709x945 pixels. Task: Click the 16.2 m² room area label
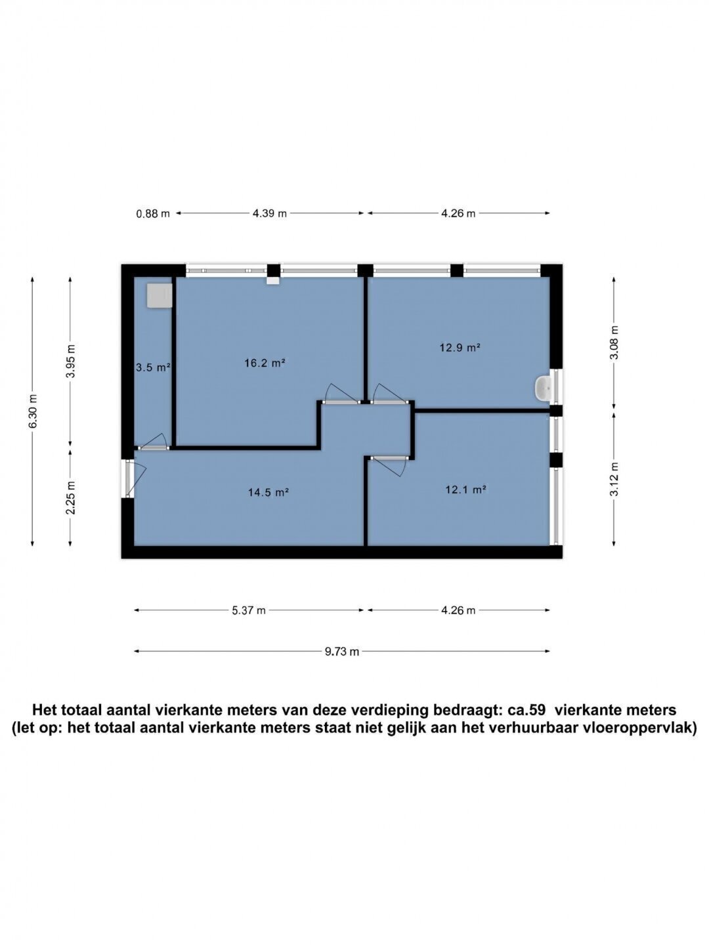(265, 363)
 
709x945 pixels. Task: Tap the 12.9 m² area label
(460, 347)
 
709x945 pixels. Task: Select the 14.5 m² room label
(268, 492)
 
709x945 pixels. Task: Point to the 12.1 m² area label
(466, 490)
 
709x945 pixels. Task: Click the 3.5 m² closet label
(154, 367)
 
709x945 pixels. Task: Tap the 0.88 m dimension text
(153, 213)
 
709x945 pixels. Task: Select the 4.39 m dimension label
(269, 213)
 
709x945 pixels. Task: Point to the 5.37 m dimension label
(249, 610)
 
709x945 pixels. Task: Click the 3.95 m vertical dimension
(72, 361)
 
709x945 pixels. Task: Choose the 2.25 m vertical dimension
(72, 497)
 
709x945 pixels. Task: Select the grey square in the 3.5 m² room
(160, 295)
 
